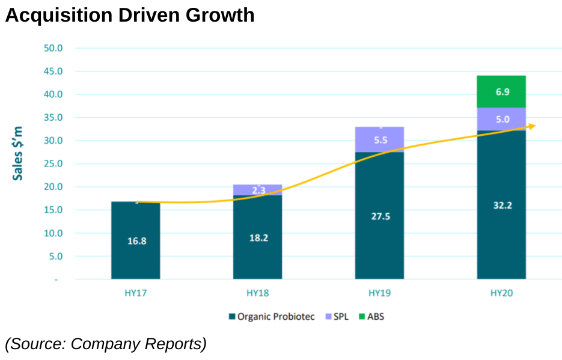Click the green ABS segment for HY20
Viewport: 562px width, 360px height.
[501, 91]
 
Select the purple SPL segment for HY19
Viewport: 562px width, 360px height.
[379, 139]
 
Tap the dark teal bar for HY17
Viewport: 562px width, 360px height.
[136, 240]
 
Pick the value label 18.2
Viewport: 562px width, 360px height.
[258, 237]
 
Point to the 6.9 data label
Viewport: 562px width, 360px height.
[502, 92]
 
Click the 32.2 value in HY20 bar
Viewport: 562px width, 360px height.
[502, 205]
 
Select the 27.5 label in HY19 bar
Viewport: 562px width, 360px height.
[380, 216]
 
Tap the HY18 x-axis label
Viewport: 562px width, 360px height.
[257, 294]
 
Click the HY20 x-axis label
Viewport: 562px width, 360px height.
[501, 294]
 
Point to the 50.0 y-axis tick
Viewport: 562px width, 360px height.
[53, 48]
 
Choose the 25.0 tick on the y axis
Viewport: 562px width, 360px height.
[53, 163]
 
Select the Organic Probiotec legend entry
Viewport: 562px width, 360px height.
[271, 316]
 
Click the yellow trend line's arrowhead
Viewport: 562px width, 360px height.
[532, 126]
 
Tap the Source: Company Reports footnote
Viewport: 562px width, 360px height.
[106, 344]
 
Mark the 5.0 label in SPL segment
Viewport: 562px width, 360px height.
[502, 120]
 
